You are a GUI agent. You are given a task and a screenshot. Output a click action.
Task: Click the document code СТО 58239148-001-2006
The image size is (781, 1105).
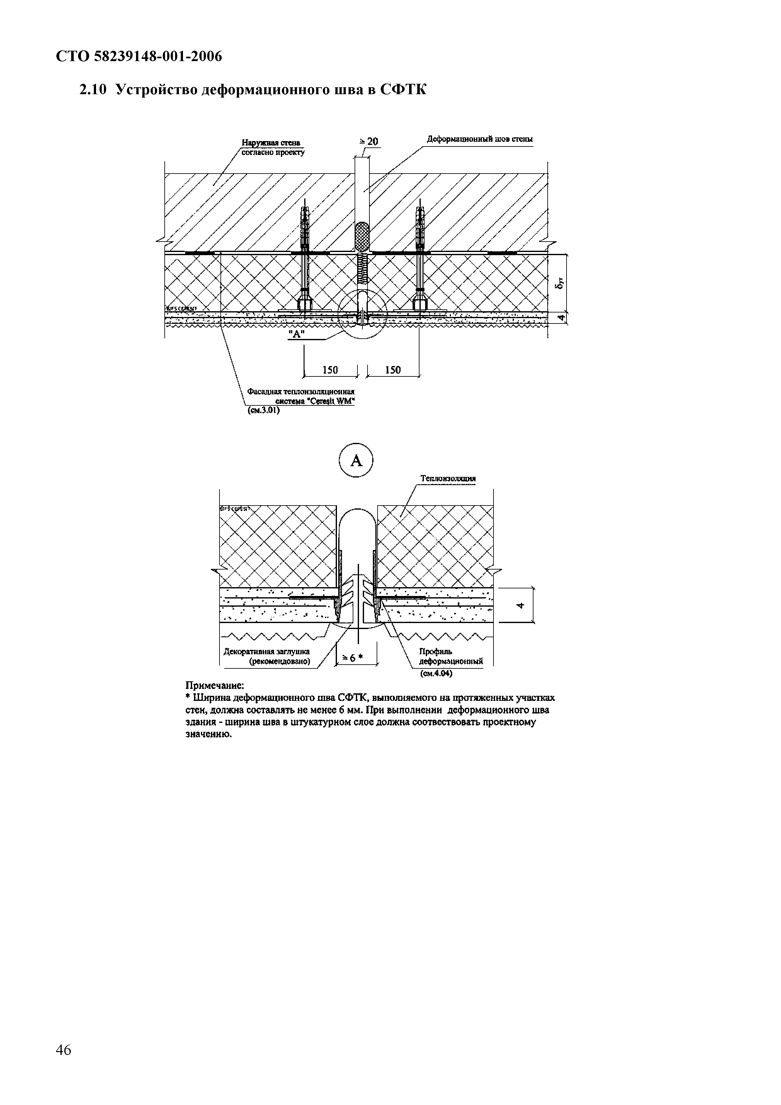point(139,57)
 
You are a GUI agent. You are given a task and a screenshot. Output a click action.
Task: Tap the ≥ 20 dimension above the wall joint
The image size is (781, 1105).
point(369,141)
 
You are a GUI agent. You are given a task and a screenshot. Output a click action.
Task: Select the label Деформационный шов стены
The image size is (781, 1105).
point(480,140)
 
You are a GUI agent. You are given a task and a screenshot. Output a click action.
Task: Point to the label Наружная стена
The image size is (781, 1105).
point(271,142)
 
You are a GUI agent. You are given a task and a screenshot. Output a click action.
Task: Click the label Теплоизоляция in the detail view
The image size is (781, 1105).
point(448,478)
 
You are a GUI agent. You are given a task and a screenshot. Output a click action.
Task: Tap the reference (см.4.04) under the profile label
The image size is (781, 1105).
point(436,674)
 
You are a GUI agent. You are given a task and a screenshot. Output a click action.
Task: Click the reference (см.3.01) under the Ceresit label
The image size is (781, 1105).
point(263,410)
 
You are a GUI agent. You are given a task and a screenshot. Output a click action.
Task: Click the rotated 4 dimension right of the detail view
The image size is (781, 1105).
point(520,605)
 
